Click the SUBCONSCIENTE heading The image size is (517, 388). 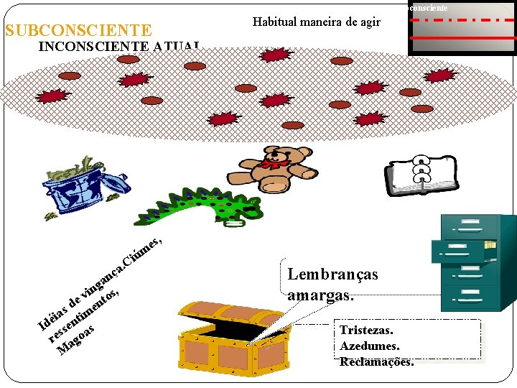tap(78, 30)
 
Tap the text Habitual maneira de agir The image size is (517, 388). tap(317, 22)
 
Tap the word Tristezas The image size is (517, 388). tap(366, 331)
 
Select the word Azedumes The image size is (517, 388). tap(369, 346)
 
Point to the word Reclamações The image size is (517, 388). tap(376, 361)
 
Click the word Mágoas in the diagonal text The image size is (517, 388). tap(78, 341)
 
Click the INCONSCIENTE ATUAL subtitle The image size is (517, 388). tap(119, 47)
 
